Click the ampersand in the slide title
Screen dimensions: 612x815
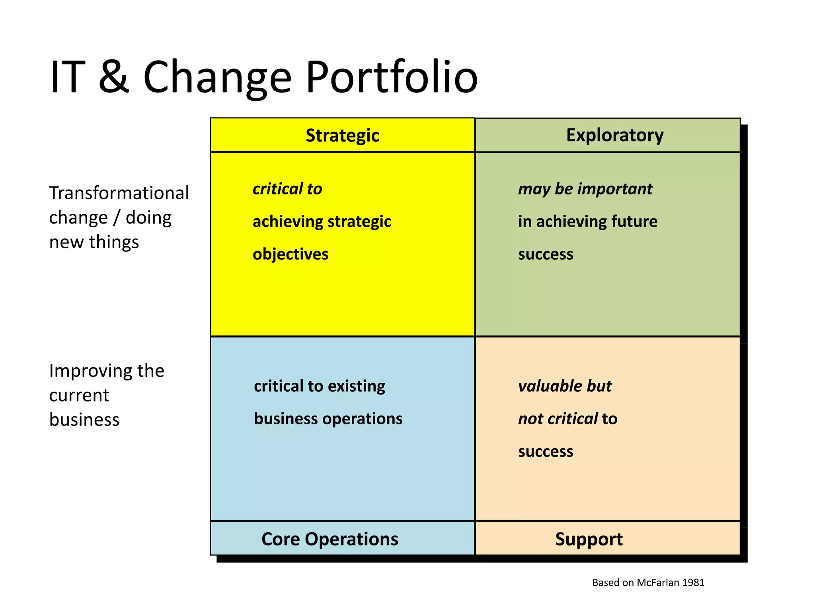click(114, 76)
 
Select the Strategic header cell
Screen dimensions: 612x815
click(342, 135)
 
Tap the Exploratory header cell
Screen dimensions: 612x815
click(615, 135)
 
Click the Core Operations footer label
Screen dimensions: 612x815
click(330, 539)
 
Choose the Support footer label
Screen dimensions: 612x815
click(589, 539)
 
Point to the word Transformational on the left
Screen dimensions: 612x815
click(119, 193)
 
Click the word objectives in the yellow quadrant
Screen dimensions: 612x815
click(291, 254)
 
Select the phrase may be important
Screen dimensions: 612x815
click(585, 189)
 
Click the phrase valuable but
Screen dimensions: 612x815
click(565, 386)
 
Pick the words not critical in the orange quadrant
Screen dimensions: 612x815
click(558, 419)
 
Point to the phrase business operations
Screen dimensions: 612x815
click(328, 419)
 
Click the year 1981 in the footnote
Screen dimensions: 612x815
click(693, 583)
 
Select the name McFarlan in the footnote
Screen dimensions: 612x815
click(659, 583)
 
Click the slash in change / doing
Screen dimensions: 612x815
click(117, 218)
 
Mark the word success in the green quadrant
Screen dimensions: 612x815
click(546, 254)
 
